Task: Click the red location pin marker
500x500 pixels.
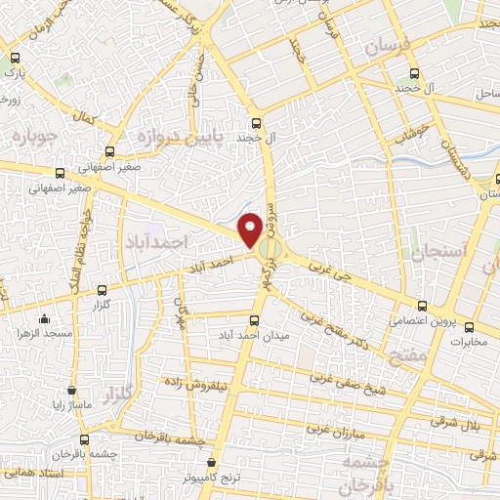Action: (x=252, y=229)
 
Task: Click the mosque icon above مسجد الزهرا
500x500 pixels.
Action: (x=45, y=318)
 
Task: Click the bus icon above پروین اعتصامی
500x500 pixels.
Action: (x=421, y=305)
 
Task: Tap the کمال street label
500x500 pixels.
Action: (x=90, y=116)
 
